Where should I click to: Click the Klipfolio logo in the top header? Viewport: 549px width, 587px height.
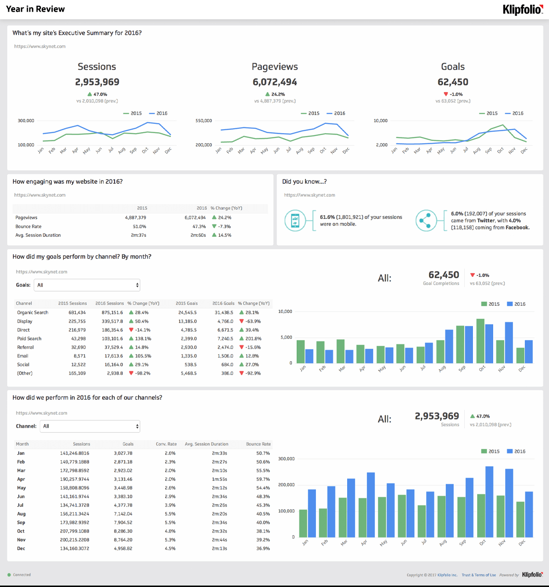(522, 9)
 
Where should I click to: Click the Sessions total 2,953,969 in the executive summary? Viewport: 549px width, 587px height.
(97, 82)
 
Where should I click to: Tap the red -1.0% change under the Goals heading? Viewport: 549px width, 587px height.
(453, 94)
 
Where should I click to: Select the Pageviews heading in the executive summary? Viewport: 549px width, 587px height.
(274, 67)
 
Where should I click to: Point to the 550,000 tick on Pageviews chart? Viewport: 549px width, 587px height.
(203, 121)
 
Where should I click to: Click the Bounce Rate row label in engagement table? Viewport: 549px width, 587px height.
(28, 226)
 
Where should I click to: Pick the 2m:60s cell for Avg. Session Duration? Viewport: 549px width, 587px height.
(198, 235)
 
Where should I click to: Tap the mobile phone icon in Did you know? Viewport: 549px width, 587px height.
(295, 220)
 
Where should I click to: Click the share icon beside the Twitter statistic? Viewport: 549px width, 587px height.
(425, 220)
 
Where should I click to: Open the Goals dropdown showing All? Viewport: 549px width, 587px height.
(87, 285)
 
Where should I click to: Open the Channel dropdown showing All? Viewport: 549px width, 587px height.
(90, 426)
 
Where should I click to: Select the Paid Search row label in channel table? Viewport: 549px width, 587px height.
(29, 339)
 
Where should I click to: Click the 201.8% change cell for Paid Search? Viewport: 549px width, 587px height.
(253, 339)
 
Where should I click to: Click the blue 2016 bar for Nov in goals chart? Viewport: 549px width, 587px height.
(509, 342)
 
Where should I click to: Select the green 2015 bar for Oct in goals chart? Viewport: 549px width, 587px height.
(480, 341)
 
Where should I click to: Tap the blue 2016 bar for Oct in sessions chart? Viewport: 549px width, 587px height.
(489, 502)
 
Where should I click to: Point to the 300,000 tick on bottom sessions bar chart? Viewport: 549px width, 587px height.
(287, 459)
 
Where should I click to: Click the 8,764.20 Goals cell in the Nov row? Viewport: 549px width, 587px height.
(123, 540)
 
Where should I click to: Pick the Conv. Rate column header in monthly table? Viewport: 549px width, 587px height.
(166, 444)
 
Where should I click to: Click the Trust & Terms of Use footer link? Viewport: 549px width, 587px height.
(478, 575)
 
